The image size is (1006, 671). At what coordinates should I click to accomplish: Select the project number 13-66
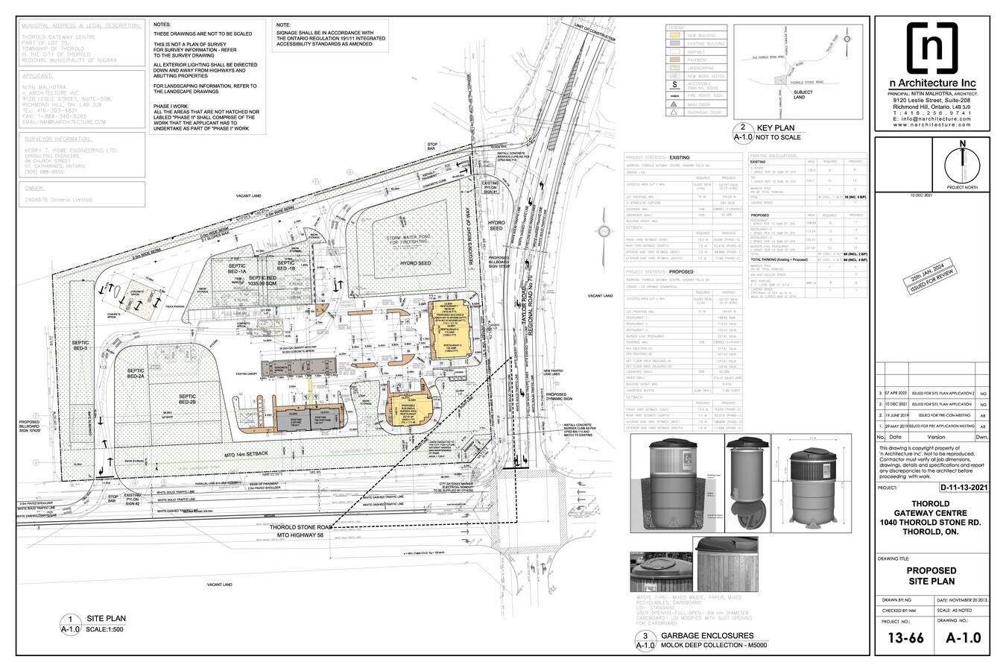click(901, 637)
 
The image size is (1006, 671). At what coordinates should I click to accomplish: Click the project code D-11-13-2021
click(964, 488)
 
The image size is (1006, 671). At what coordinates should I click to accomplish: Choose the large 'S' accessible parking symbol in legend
click(674, 85)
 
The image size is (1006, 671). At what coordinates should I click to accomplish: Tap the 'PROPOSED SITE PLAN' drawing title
click(931, 576)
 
